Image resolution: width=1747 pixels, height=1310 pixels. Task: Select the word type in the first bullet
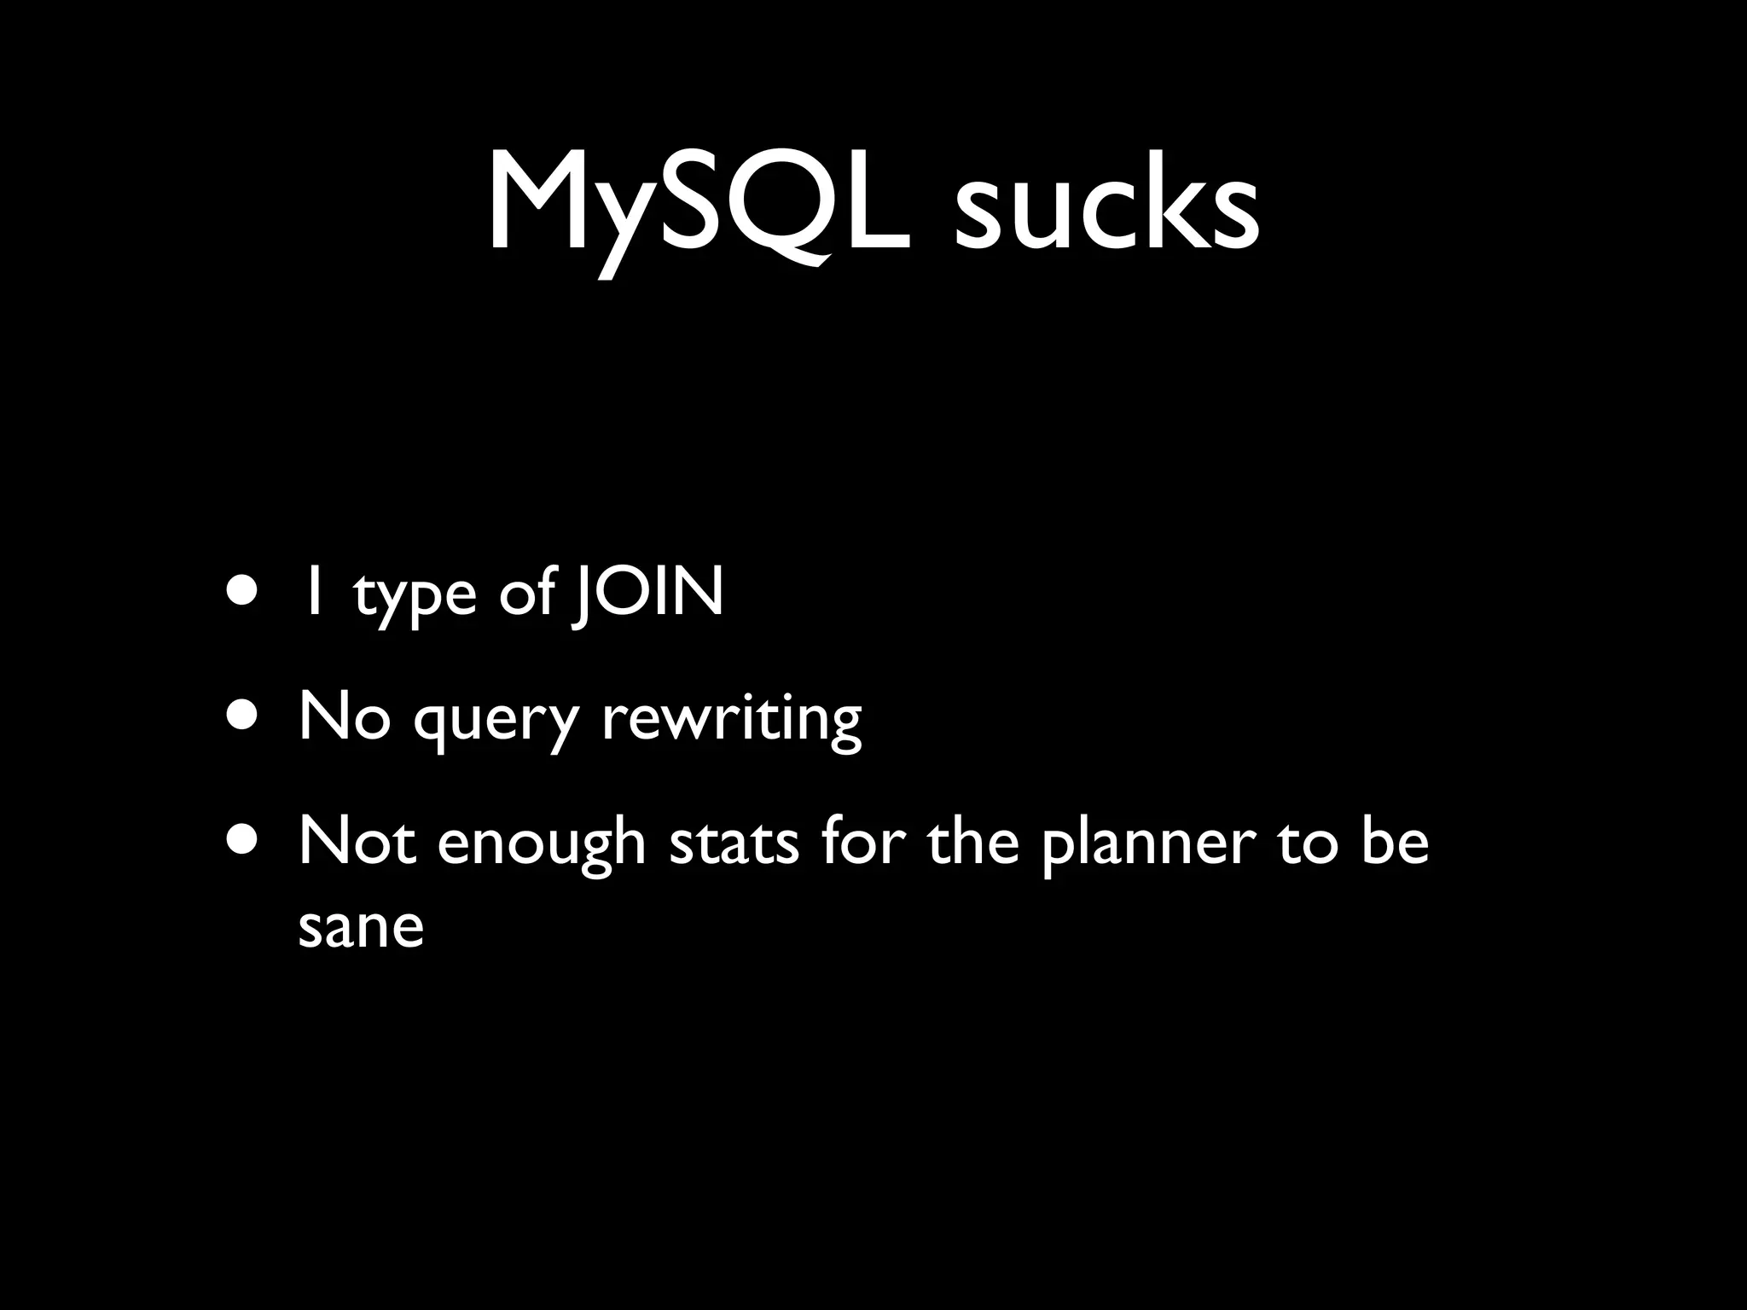point(415,597)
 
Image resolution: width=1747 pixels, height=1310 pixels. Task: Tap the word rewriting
point(731,718)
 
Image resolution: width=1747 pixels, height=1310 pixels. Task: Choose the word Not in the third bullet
point(357,841)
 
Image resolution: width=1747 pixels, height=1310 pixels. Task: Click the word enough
point(542,844)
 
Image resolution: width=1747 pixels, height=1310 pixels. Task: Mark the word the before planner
point(972,841)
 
